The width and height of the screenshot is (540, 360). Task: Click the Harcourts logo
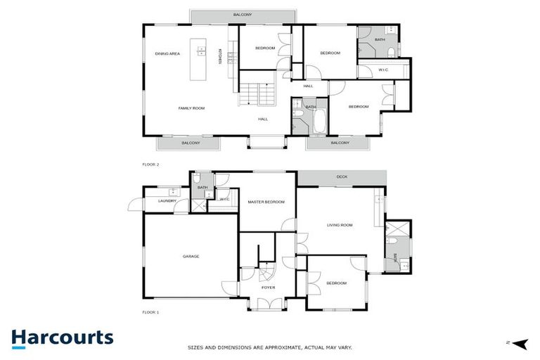[x=62, y=337]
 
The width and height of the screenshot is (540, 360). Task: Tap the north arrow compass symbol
[x=520, y=343]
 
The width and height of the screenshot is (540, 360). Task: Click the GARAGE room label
[x=191, y=256]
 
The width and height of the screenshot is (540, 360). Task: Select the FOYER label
[x=268, y=288]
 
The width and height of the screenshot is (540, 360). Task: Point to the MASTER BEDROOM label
[x=266, y=202]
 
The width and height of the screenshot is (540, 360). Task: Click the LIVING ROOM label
[x=340, y=225]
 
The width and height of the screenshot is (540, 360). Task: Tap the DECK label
[x=342, y=177]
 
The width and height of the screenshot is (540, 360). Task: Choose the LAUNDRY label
[x=167, y=201]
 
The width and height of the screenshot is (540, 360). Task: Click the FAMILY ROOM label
[x=191, y=108]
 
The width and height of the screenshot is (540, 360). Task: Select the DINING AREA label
[x=167, y=53]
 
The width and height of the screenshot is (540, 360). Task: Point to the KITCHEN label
[x=220, y=56]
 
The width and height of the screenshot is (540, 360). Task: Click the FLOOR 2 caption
[x=151, y=165]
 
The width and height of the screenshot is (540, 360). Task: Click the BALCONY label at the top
[x=243, y=14]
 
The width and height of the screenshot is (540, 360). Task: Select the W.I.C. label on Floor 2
[x=384, y=70]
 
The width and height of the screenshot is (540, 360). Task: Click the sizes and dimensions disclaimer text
[x=269, y=347]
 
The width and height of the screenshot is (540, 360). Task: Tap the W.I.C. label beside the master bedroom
[x=224, y=199]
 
